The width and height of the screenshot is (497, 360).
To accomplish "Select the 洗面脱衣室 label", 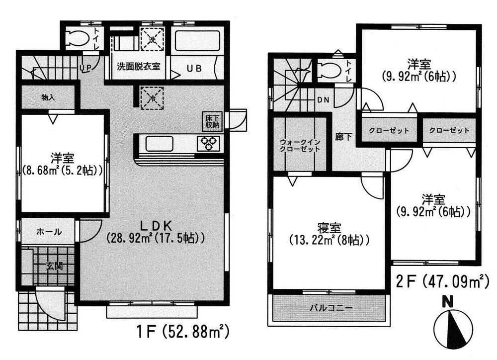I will pyautogui.click(x=139, y=67).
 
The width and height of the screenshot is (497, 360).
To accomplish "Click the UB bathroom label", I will pyautogui.click(x=194, y=68).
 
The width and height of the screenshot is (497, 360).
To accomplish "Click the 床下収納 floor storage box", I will pyautogui.click(x=211, y=122).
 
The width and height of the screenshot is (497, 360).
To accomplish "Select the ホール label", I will pyautogui.click(x=49, y=232).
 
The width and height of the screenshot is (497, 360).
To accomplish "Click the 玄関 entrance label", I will pyautogui.click(x=55, y=266).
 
